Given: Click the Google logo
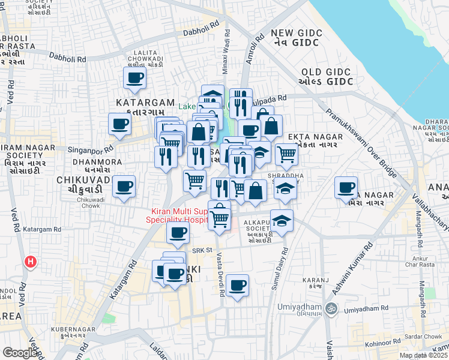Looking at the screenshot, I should (20, 353).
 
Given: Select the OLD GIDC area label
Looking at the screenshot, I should (324, 76).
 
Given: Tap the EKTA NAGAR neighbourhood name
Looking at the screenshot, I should (315, 137).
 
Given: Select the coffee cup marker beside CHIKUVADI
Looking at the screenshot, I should (124, 187).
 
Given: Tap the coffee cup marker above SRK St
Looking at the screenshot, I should (178, 233).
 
